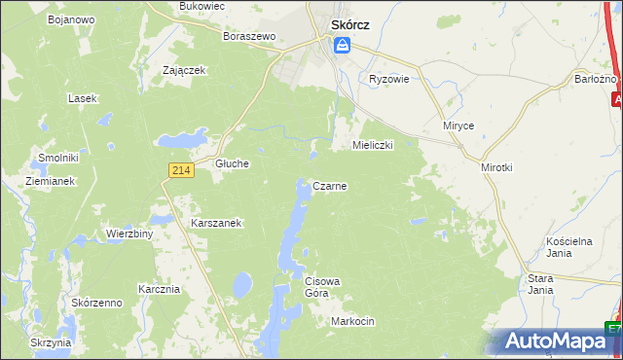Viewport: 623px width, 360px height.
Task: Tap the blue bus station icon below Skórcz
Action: pyautogui.click(x=342, y=45)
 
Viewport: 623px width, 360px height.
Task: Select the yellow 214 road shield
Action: pyautogui.click(x=179, y=170)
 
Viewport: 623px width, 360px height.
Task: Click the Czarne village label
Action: pyautogui.click(x=330, y=186)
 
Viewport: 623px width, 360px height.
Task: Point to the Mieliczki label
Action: pyautogui.click(x=371, y=145)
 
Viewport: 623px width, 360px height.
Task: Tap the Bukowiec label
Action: pyautogui.click(x=202, y=6)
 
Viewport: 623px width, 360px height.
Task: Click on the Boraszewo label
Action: pyautogui.click(x=250, y=36)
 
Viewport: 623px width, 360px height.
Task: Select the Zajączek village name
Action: pyautogui.click(x=183, y=70)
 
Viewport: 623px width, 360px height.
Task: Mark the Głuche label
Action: pyautogui.click(x=233, y=164)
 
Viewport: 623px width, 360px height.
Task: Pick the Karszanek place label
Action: pyautogui.click(x=216, y=223)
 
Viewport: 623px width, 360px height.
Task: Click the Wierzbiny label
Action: pyautogui.click(x=129, y=234)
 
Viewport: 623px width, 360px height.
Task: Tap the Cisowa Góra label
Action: pyautogui.click(x=322, y=287)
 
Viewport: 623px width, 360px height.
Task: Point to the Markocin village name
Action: pyautogui.click(x=352, y=321)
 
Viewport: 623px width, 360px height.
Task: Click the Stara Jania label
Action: pyautogui.click(x=540, y=284)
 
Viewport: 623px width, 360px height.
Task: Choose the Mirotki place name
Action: pyautogui.click(x=496, y=167)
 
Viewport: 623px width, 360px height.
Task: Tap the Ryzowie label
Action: pyautogui.click(x=388, y=79)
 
